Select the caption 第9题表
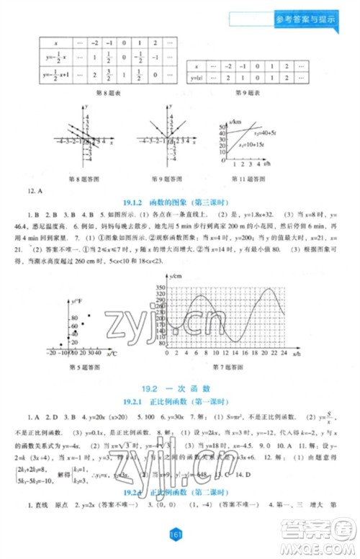[245, 92]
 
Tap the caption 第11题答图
[246, 179]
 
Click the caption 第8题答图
[82, 179]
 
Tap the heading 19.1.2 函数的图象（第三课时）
[178, 204]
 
